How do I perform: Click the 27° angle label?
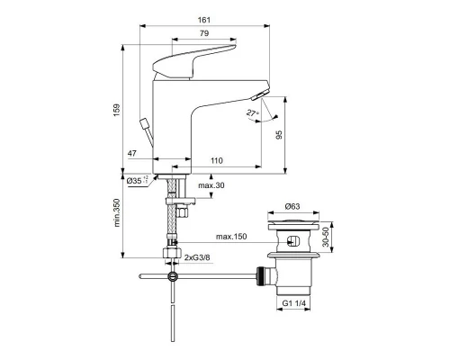[x=252, y=113]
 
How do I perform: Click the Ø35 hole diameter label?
[x=137, y=181]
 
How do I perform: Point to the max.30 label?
[x=211, y=186]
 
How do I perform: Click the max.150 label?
[x=230, y=238]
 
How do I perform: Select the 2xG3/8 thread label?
[x=199, y=258]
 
